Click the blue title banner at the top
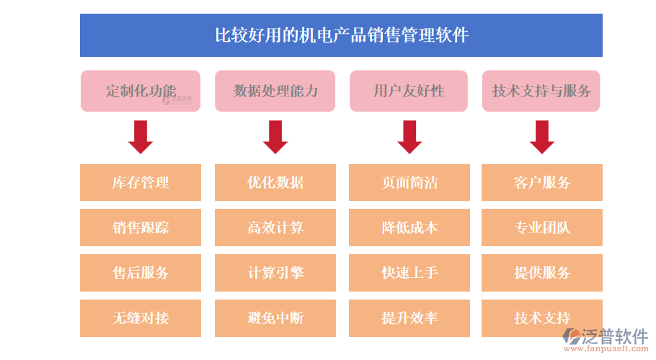click(x=341, y=35)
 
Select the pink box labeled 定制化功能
click(x=141, y=91)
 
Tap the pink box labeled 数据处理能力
click(x=275, y=91)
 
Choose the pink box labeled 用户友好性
click(x=409, y=91)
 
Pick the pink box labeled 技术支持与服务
click(x=541, y=91)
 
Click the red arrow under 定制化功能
click(x=141, y=137)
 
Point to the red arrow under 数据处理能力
click(x=275, y=137)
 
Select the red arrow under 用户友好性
click(x=409, y=137)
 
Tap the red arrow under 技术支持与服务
click(x=541, y=137)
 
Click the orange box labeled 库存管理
click(x=141, y=182)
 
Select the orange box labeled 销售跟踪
click(x=141, y=228)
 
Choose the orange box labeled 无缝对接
click(x=141, y=318)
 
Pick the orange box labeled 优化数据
click(x=275, y=182)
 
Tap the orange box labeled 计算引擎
click(x=275, y=272)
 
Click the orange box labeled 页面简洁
click(x=409, y=182)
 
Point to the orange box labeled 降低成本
click(x=409, y=228)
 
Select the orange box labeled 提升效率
click(x=409, y=318)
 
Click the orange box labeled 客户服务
click(x=541, y=182)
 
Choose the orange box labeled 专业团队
click(x=541, y=228)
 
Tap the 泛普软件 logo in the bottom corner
click(x=606, y=339)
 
